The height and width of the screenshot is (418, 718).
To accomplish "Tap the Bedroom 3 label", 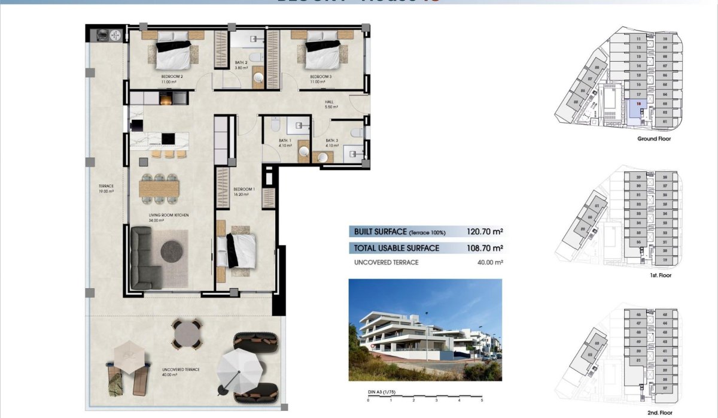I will pyautogui.click(x=320, y=77).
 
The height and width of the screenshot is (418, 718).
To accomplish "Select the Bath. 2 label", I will pyautogui.click(x=241, y=62).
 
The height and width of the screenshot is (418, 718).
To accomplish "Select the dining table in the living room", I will pyautogui.click(x=159, y=188).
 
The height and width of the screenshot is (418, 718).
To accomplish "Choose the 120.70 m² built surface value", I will pyautogui.click(x=485, y=231).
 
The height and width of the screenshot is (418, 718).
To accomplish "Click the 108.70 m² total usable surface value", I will pyautogui.click(x=485, y=248).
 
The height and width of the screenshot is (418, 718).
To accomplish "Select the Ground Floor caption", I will pyautogui.click(x=655, y=138).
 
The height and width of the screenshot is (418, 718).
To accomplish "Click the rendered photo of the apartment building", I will pyautogui.click(x=425, y=330).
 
